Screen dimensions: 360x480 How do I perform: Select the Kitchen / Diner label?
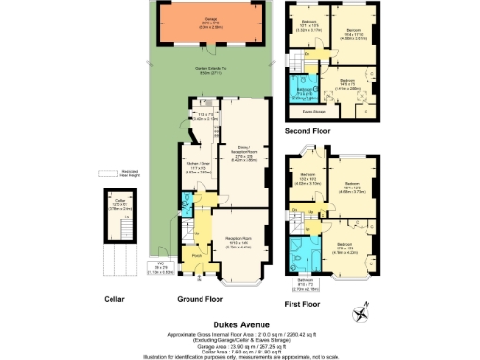click(195, 170)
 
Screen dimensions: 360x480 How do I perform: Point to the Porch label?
click(197, 255)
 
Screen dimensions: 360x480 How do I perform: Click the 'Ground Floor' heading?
click(200, 300)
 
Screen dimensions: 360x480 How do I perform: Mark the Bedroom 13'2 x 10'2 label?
click(309, 179)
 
